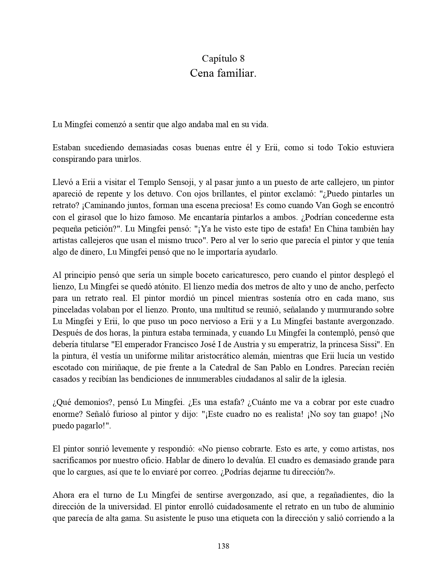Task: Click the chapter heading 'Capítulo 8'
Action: [223, 58]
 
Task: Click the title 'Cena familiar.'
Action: [223, 73]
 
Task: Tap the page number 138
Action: [223, 546]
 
